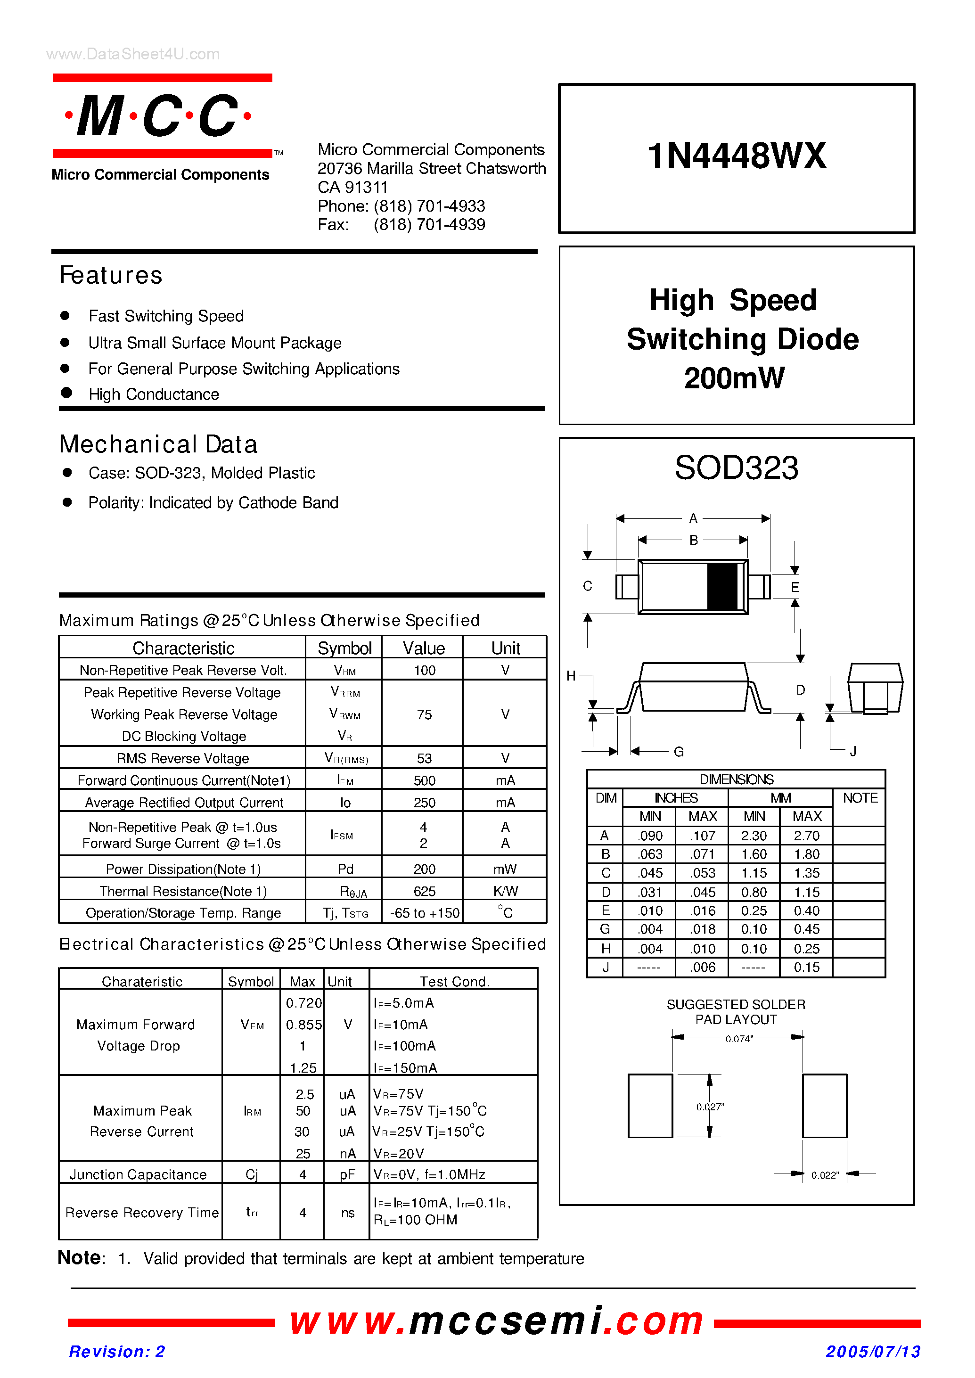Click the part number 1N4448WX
pyautogui.click(x=736, y=156)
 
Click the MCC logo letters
pyautogui.click(x=158, y=116)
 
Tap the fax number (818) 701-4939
pyautogui.click(x=429, y=225)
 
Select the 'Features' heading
pyautogui.click(x=111, y=276)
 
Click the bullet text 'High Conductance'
pyautogui.click(x=154, y=394)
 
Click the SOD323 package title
pyautogui.click(x=736, y=468)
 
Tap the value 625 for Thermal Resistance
pyautogui.click(x=424, y=891)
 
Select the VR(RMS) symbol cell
pyautogui.click(x=346, y=758)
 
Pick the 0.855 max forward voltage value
pyautogui.click(x=303, y=1025)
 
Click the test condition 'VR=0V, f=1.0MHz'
pyautogui.click(x=429, y=1174)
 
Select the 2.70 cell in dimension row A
pyautogui.click(x=806, y=835)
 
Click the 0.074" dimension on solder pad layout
pyautogui.click(x=738, y=1039)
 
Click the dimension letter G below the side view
pyautogui.click(x=679, y=752)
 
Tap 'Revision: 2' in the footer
pyautogui.click(x=117, y=1352)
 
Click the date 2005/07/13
pyautogui.click(x=872, y=1352)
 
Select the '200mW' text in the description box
pyautogui.click(x=734, y=378)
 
